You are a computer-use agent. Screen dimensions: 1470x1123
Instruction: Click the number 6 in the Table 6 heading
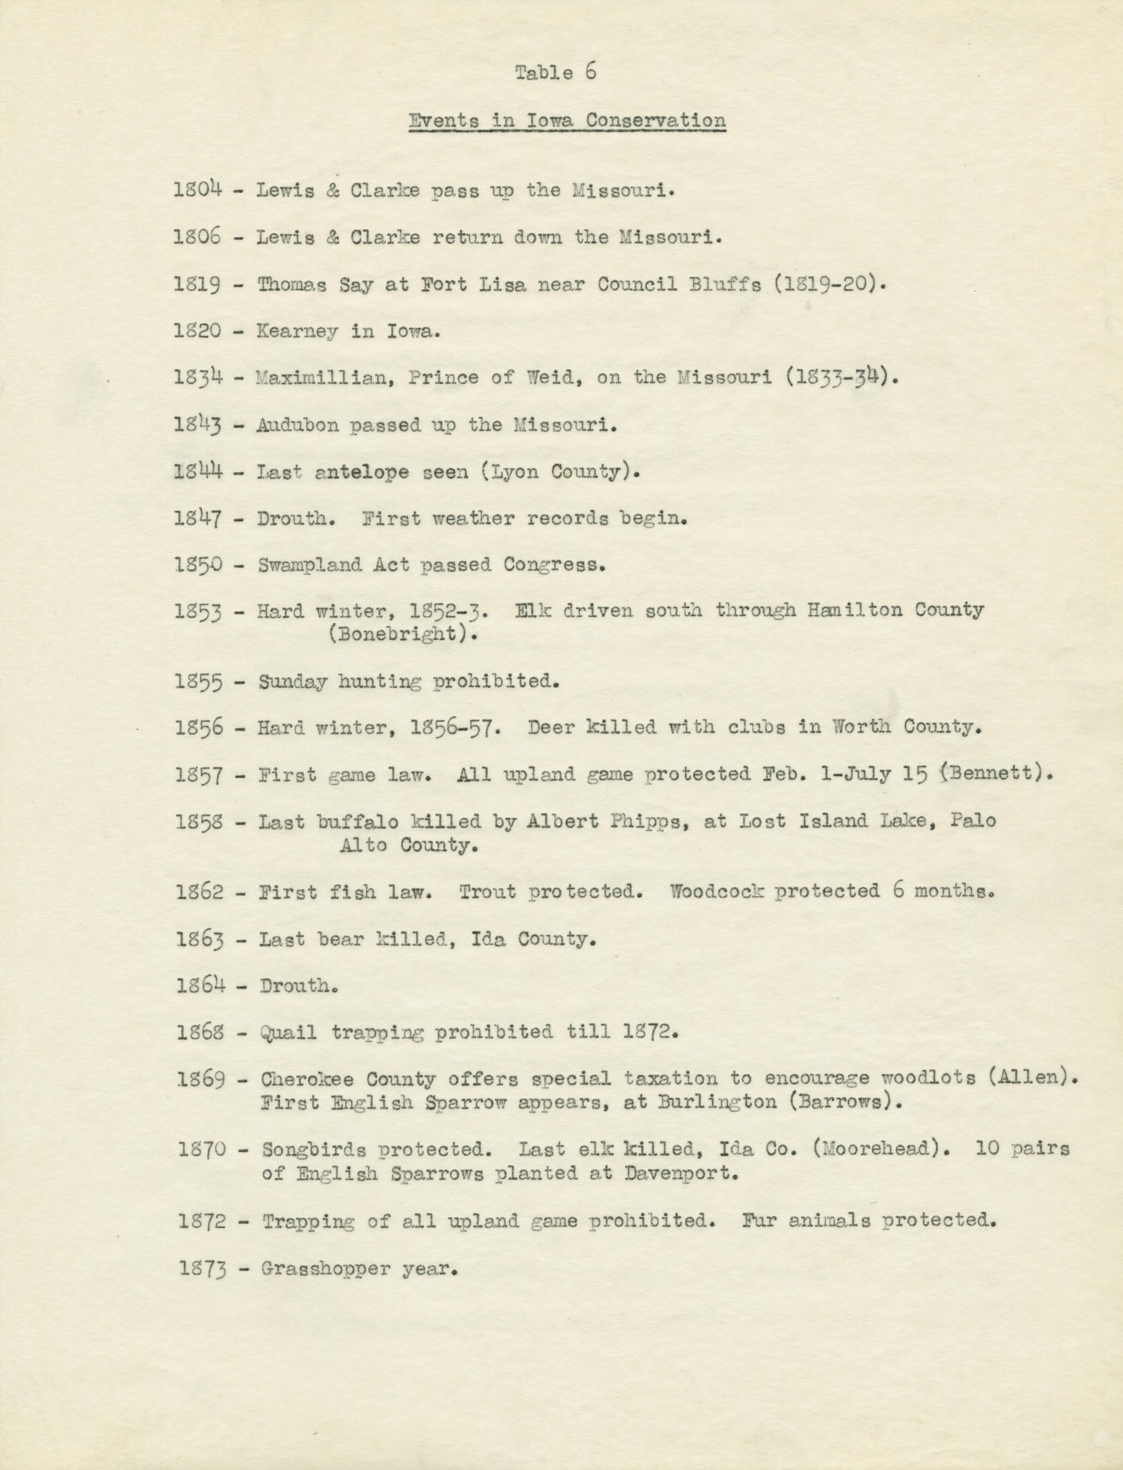590,71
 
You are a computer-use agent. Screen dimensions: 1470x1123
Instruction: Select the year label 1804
197,190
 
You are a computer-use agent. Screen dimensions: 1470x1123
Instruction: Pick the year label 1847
198,518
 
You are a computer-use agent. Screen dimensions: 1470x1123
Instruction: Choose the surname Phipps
647,822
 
